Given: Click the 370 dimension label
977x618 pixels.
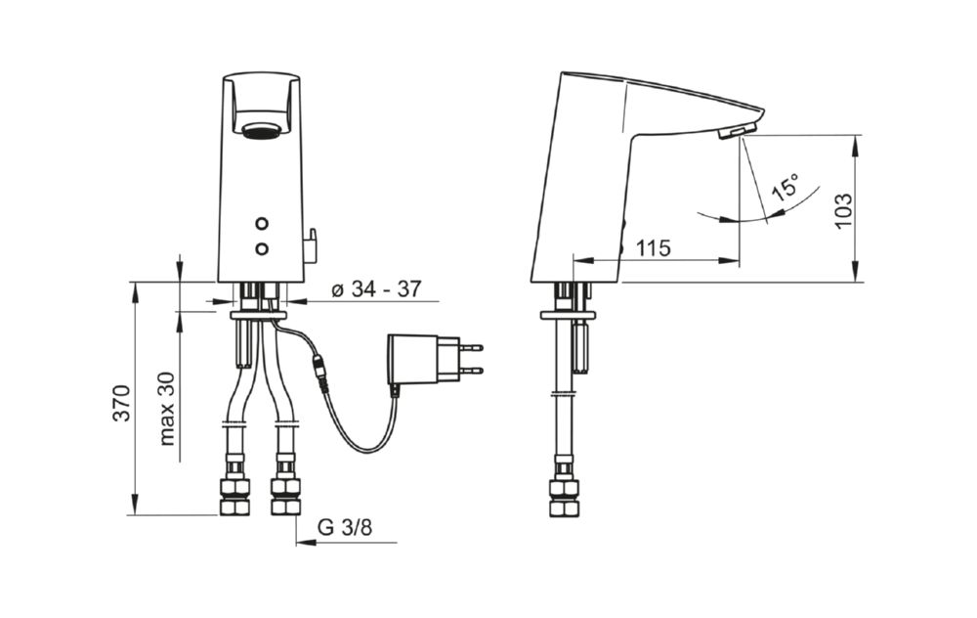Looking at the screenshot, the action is (x=123, y=403).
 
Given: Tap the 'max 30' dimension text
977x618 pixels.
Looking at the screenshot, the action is (x=168, y=409).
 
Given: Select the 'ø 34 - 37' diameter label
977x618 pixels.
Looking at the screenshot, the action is (x=376, y=289).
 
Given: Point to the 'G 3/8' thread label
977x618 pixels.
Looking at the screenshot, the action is (x=345, y=528).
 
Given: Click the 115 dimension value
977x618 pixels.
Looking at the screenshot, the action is (x=654, y=248).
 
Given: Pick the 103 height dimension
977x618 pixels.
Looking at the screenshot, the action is (x=843, y=210).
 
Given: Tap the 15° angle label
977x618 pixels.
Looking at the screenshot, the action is (x=786, y=186).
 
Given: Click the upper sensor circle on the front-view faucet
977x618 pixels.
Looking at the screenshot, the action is (x=262, y=223).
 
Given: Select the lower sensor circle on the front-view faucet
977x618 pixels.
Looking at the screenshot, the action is (x=262, y=248).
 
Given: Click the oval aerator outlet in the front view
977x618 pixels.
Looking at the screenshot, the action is (x=262, y=130).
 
